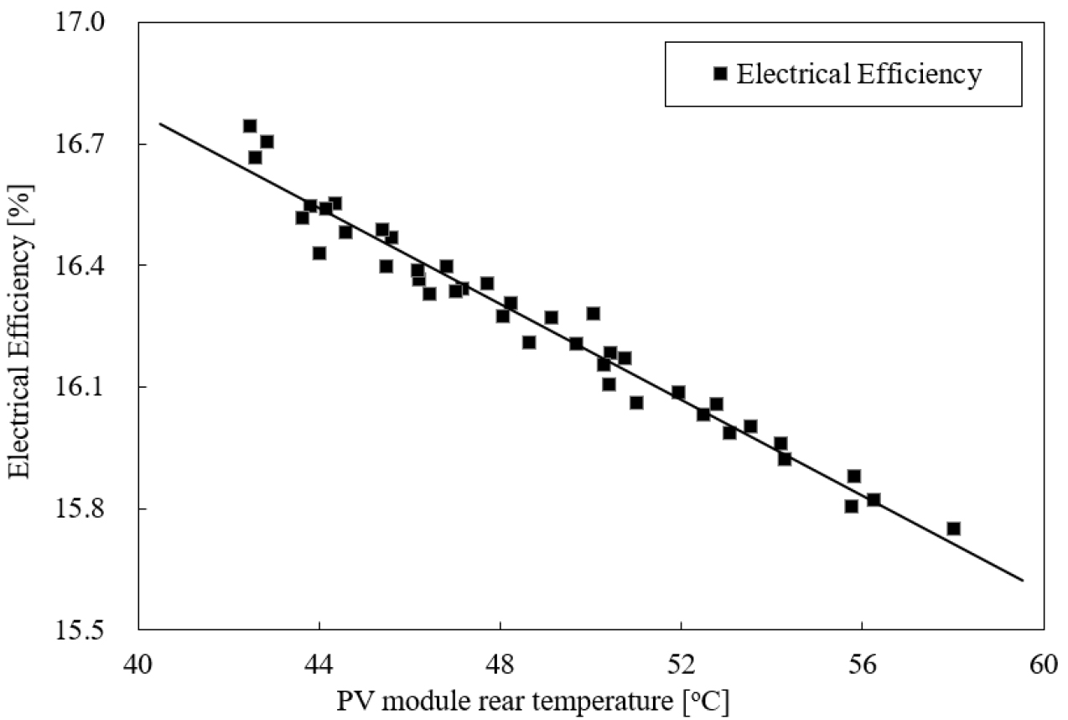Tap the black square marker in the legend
pos(720,74)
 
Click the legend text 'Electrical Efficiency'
pos(858,74)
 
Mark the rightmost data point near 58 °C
pos(953,529)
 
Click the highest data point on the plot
pos(250,126)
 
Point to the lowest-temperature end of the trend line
pos(159,123)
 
